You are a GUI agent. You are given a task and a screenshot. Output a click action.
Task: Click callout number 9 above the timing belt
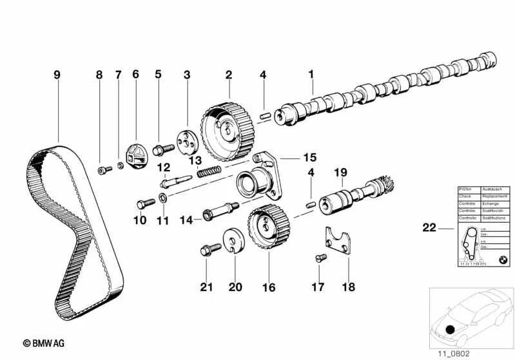point(57,75)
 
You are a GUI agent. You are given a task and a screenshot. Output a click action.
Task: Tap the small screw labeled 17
point(317,259)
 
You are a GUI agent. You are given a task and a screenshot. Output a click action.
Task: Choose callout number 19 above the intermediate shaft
point(340,172)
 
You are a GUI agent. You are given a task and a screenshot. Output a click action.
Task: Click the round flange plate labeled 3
point(186,141)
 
